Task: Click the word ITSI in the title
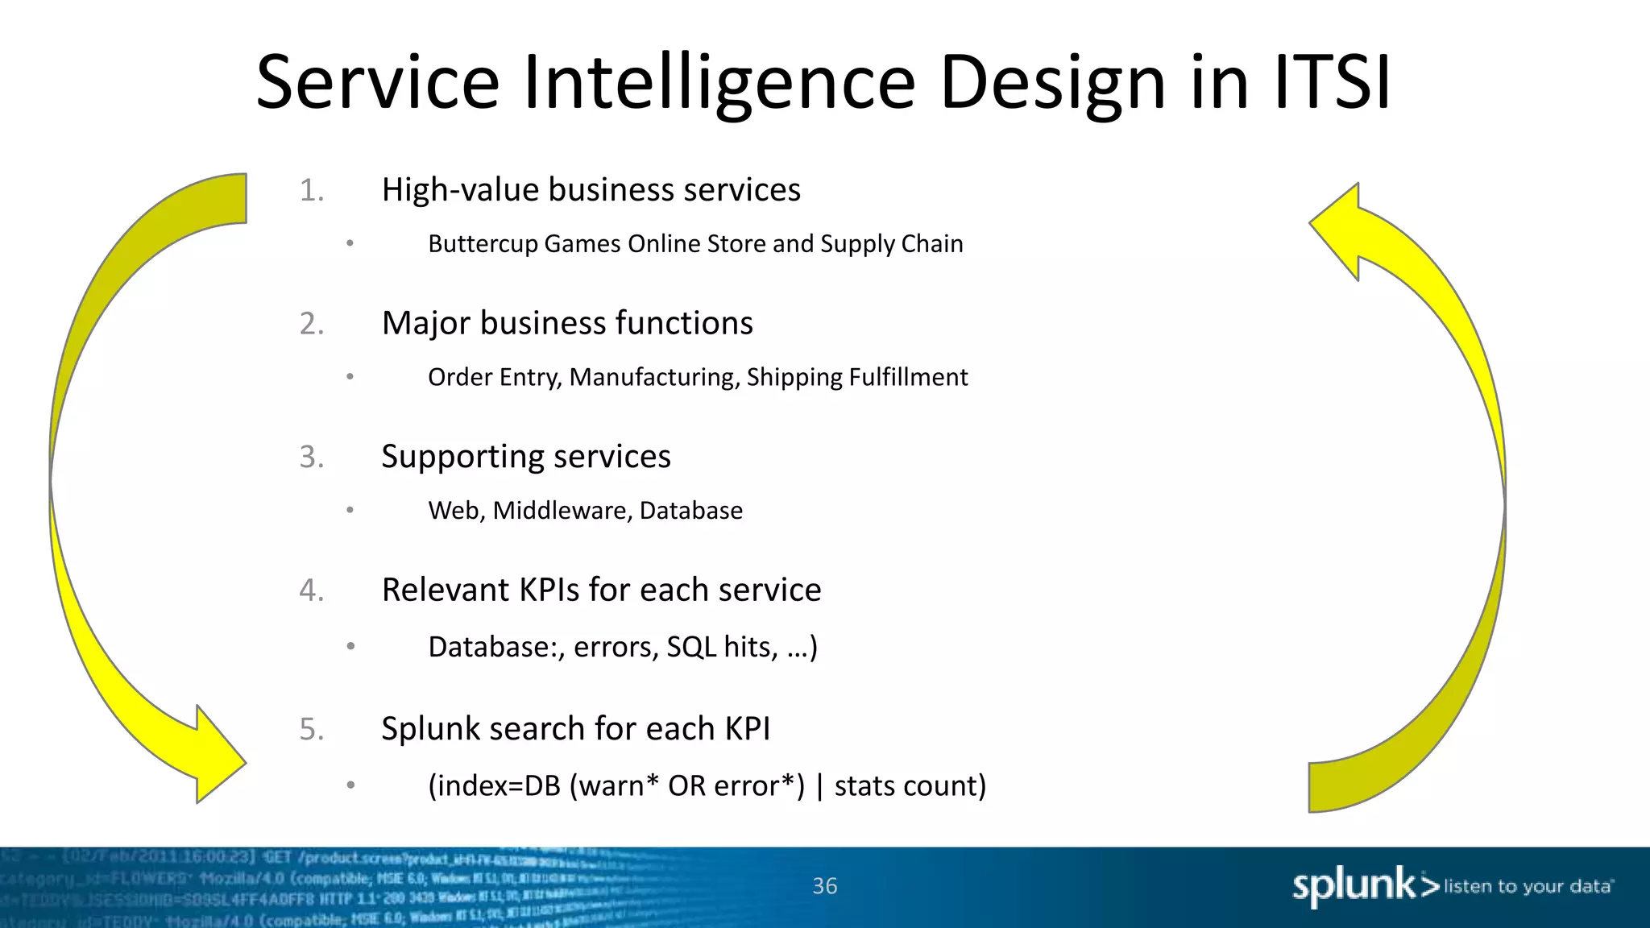coord(1333,82)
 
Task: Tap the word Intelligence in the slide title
coord(719,84)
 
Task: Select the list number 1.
coord(311,191)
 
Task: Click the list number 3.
coord(311,458)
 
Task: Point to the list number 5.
coord(311,730)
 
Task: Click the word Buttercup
coord(483,244)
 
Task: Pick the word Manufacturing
coord(654,377)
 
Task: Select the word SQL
coord(691,648)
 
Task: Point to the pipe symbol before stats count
coord(819,786)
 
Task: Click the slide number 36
coord(824,886)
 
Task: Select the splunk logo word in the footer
coord(1354,886)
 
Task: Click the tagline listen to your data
coord(1528,887)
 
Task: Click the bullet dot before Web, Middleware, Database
coord(350,510)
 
